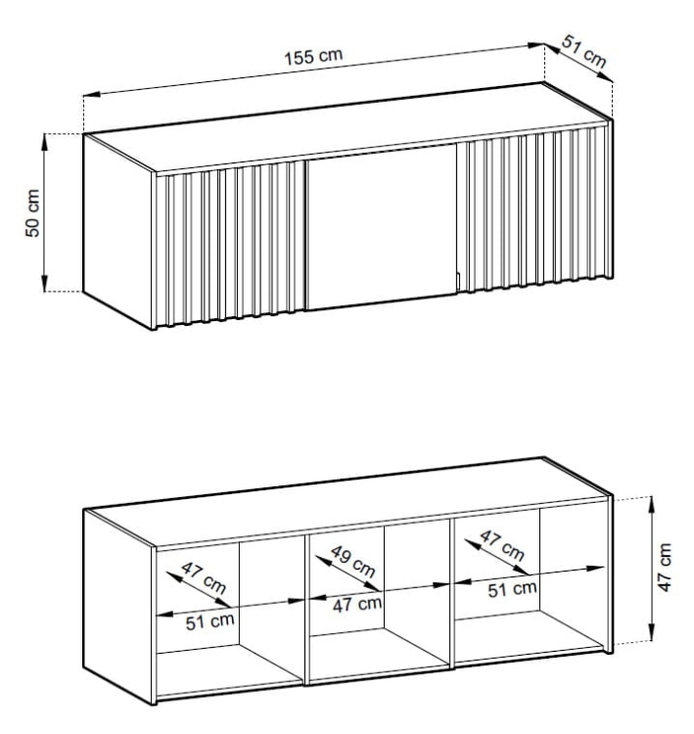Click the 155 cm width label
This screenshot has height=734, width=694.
[x=313, y=56]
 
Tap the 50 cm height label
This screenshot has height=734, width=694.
[x=32, y=213]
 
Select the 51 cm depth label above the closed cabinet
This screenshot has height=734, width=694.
[x=584, y=52]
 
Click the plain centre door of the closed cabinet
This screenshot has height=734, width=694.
[x=381, y=227]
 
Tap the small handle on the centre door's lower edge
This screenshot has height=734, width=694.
[x=458, y=282]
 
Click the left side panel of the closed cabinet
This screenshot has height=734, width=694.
[x=117, y=231]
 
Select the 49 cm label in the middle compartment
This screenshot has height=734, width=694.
[x=353, y=562]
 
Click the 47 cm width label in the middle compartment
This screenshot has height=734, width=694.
[x=357, y=604]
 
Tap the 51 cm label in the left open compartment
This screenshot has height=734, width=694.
[x=209, y=621]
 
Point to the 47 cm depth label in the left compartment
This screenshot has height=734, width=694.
[x=204, y=577]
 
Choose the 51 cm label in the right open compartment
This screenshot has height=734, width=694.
[x=512, y=589]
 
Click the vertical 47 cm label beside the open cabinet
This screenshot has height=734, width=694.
[x=665, y=568]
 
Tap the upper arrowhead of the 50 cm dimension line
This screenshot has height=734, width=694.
[x=45, y=142]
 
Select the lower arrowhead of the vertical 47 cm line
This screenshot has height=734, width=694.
[x=651, y=633]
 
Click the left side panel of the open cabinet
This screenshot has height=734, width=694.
[x=118, y=605]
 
